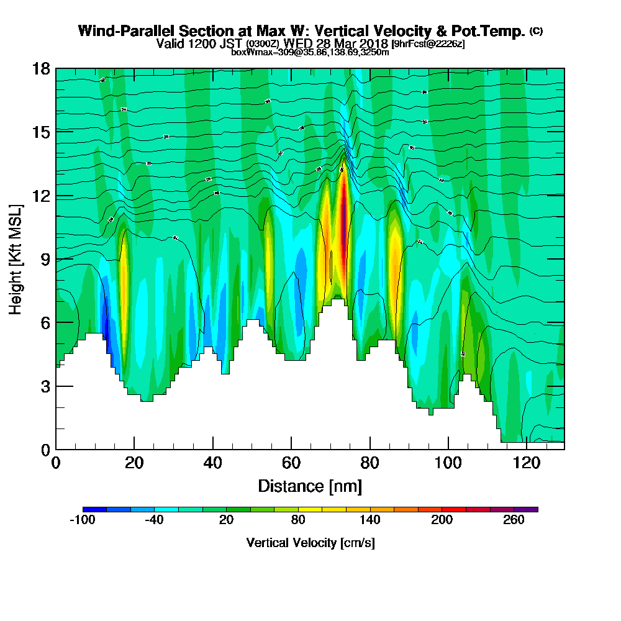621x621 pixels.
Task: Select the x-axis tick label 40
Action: (x=213, y=463)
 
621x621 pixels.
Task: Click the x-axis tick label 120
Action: (x=526, y=463)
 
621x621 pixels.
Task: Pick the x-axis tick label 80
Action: (x=370, y=463)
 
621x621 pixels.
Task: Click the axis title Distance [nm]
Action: (x=310, y=486)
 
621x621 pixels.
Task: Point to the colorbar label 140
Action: (x=370, y=520)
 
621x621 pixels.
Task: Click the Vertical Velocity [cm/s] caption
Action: (x=310, y=543)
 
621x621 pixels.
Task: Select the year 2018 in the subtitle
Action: (x=373, y=43)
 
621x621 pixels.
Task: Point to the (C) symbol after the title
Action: (x=535, y=31)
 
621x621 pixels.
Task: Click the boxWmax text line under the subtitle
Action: (x=310, y=52)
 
